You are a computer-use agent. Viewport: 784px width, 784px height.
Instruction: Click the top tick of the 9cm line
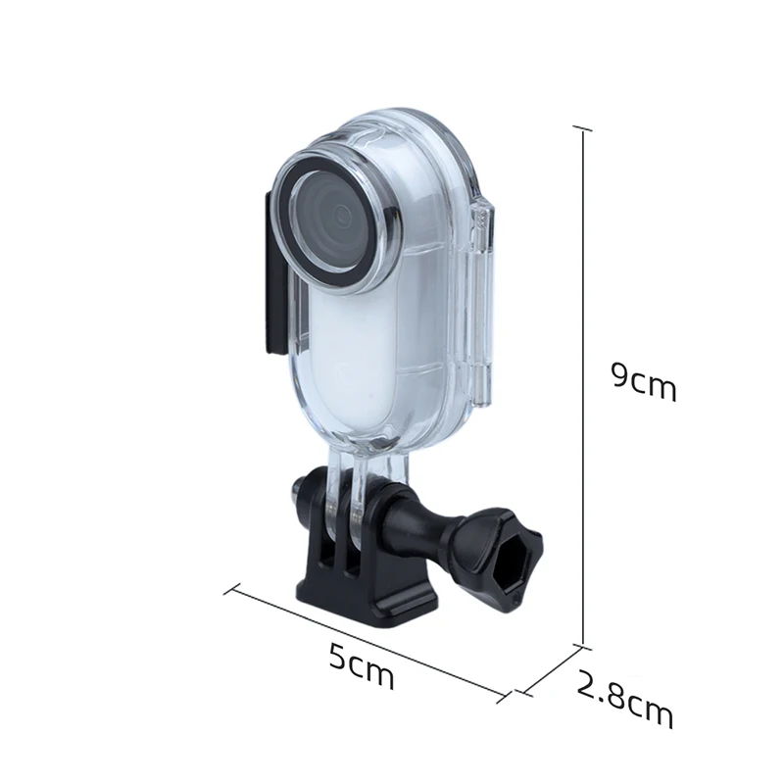click(x=584, y=128)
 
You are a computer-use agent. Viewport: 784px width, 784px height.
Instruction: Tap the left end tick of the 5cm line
click(x=231, y=589)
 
